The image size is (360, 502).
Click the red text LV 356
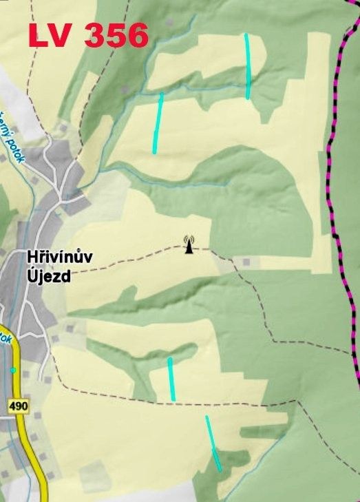pos(88,35)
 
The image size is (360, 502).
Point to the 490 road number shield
pos(19,407)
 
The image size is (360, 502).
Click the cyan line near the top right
pos(247,65)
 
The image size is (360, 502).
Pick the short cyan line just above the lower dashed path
pos(171,379)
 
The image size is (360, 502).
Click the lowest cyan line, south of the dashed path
pos(213,444)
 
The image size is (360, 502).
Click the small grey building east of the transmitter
pos(246,262)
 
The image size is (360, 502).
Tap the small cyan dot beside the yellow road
pos(12,370)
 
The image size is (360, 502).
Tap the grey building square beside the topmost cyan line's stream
pos(125,89)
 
